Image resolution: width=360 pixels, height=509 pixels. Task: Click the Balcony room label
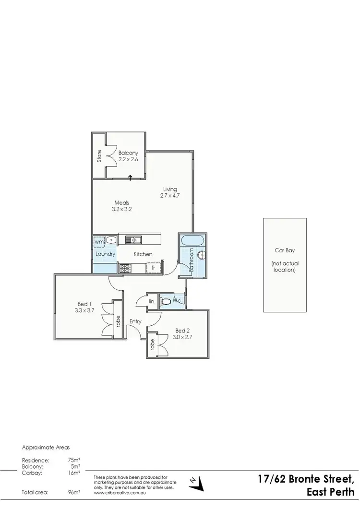[128, 153]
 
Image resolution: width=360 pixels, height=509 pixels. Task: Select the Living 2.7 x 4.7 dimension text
[170, 195]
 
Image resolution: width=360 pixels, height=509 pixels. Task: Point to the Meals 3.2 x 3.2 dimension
[121, 209]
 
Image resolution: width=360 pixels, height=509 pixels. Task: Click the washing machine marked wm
[99, 241]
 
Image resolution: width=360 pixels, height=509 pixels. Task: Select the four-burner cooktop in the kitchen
[125, 269]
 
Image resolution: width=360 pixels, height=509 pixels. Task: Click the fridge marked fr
[153, 268]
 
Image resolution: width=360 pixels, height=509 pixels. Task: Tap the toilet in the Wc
[166, 302]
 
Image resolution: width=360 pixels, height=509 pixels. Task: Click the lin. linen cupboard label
[152, 302]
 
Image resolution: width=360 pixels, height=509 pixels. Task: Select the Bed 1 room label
[83, 304]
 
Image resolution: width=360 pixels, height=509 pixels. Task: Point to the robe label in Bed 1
[116, 321]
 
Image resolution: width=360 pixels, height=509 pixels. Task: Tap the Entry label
[135, 321]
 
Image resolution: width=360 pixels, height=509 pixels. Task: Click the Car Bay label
[284, 250]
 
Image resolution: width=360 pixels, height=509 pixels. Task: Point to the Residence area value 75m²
[74, 460]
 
